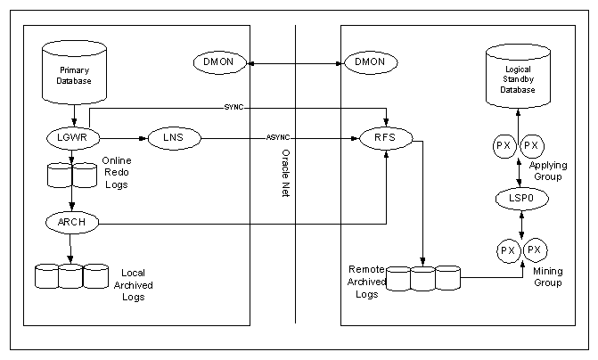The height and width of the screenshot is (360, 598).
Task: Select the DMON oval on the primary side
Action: [219, 62]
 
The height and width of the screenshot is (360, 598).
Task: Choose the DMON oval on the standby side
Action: [369, 62]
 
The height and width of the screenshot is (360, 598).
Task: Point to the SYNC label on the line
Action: [234, 108]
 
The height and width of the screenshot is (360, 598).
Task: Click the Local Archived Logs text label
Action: [133, 283]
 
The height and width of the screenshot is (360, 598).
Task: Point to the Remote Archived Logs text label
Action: [367, 281]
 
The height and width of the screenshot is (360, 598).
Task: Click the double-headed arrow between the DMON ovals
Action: [293, 62]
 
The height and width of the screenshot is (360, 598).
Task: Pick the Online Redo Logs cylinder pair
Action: [72, 174]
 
